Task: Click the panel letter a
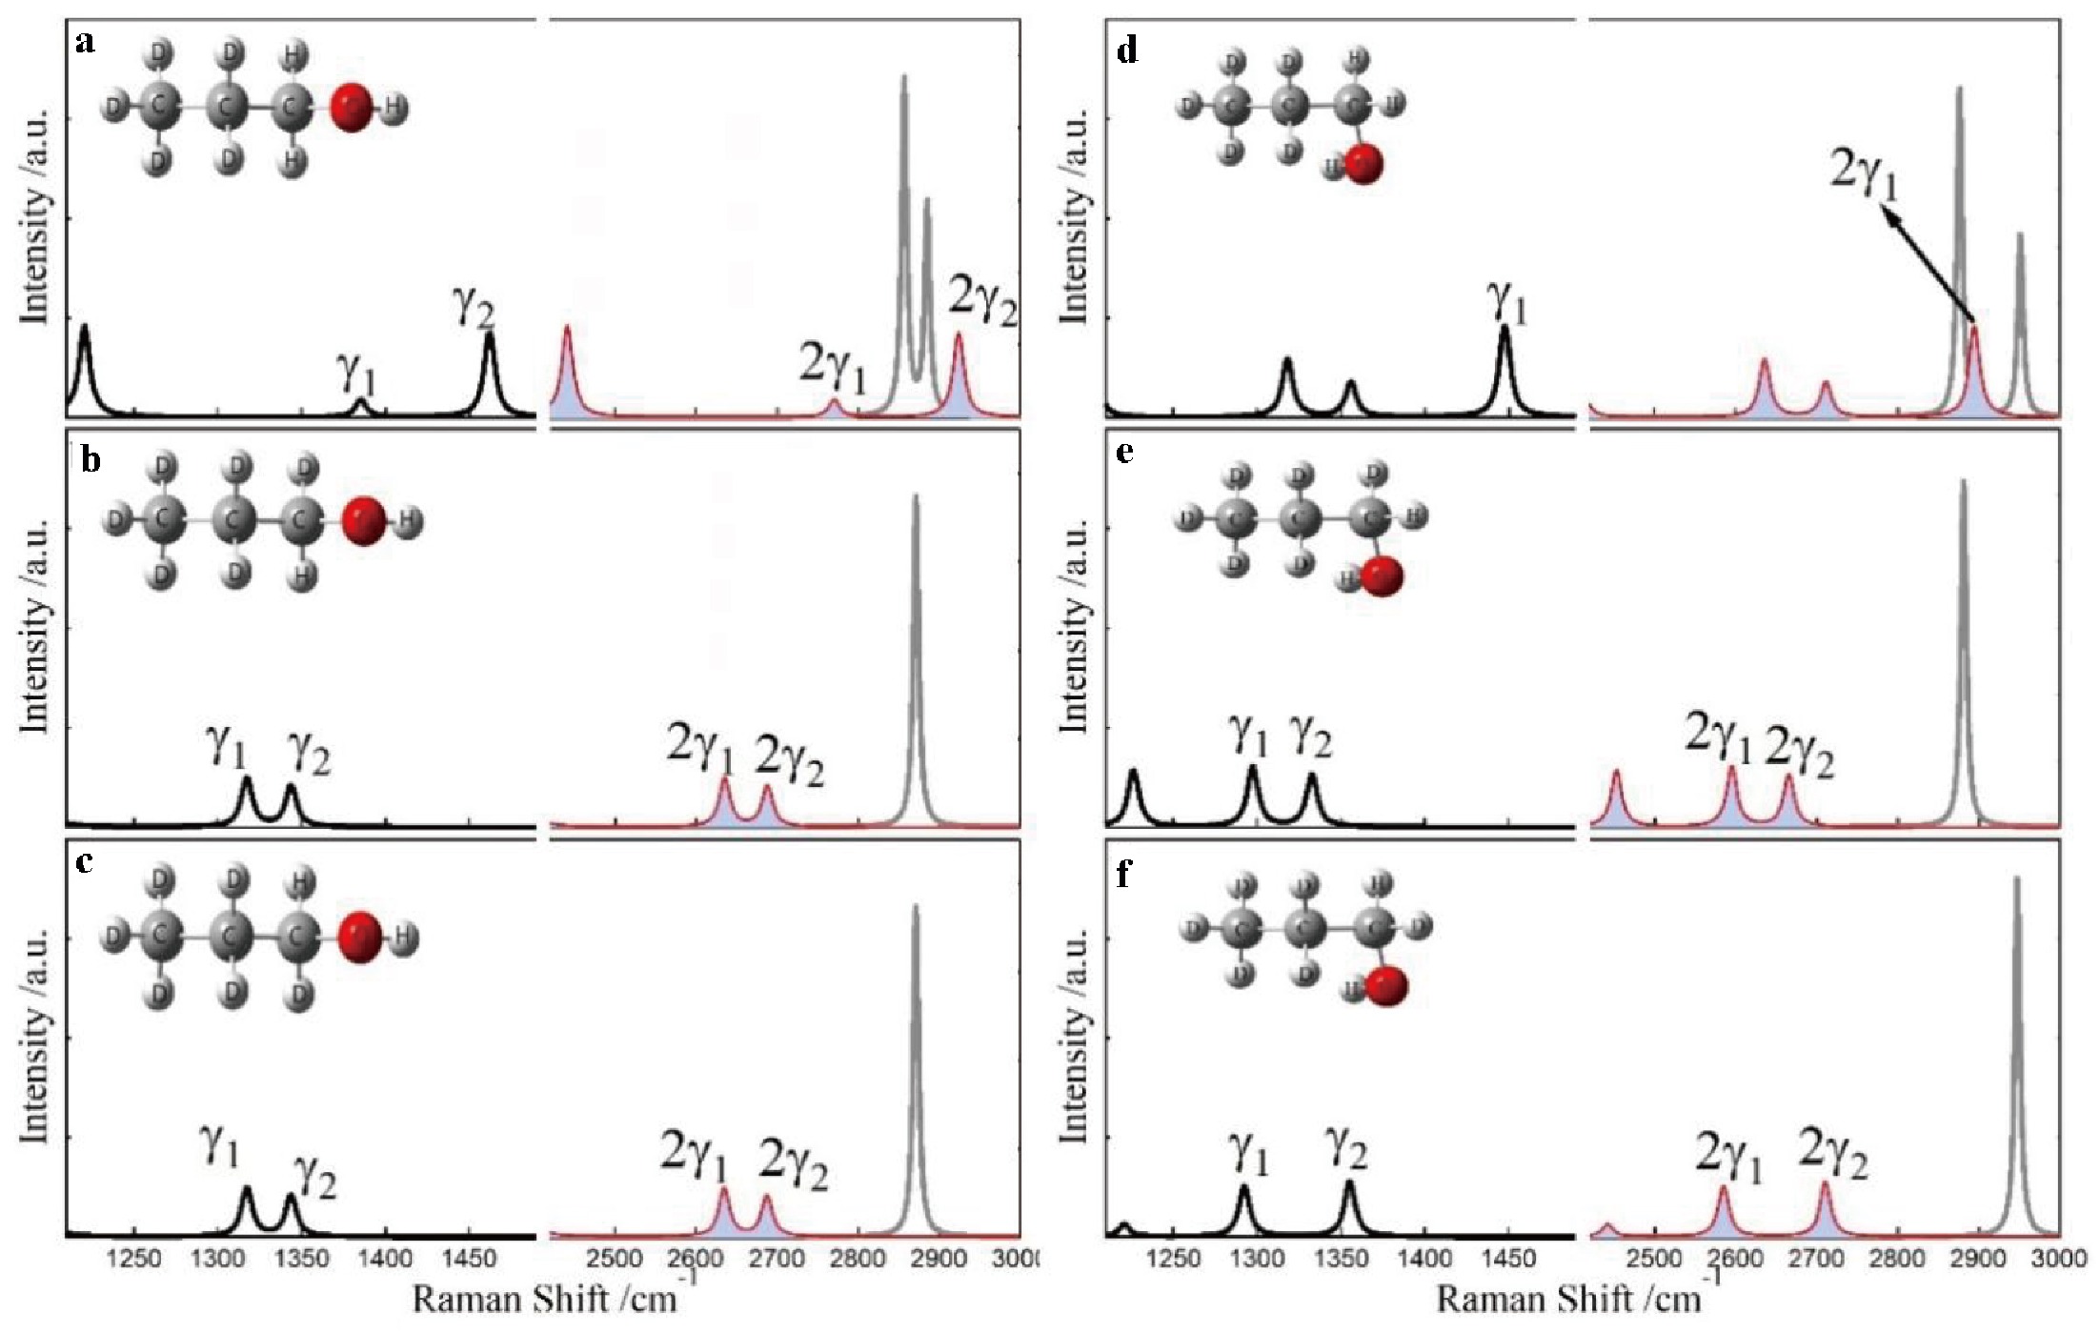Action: coord(86,45)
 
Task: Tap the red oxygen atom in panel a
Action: coord(353,107)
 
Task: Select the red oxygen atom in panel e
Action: coord(1383,577)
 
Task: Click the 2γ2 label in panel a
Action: coord(981,304)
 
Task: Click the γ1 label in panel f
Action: coord(1249,1155)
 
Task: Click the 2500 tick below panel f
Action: coord(1654,1260)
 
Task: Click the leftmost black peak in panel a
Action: coord(85,357)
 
